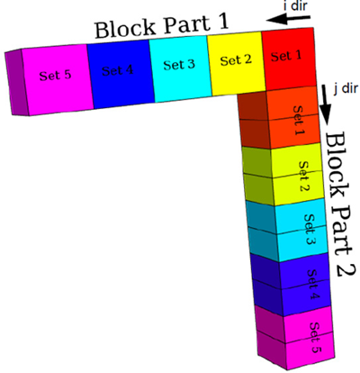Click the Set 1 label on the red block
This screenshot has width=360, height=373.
point(286,56)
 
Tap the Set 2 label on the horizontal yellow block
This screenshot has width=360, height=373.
point(236,60)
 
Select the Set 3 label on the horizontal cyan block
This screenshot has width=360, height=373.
point(179,65)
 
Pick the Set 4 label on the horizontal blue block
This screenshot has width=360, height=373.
point(117,70)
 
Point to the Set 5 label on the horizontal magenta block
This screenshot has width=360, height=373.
point(55,75)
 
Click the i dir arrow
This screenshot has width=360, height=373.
point(288,19)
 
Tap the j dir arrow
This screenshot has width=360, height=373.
point(324,104)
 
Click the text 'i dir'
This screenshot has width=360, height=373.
point(295,6)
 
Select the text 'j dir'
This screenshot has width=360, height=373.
point(346,89)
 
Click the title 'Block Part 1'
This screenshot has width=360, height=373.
point(162,25)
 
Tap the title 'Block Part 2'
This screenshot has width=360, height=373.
point(339,205)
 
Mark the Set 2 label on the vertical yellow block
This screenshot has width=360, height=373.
point(304,177)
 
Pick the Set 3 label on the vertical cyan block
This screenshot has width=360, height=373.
point(310,229)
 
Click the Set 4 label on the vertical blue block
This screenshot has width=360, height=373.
point(314,284)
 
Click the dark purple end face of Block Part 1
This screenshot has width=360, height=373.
point(15,82)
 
